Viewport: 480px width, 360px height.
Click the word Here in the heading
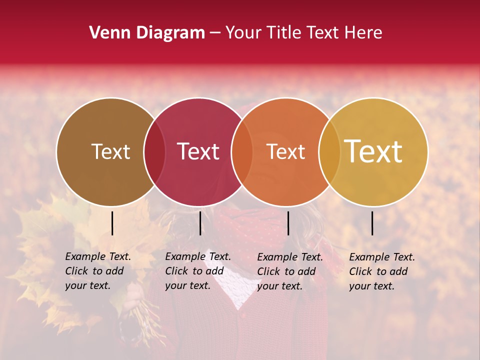pyautogui.click(x=362, y=33)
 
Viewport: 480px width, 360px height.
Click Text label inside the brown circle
pyautogui.click(x=110, y=152)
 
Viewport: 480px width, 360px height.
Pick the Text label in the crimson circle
pyautogui.click(x=198, y=152)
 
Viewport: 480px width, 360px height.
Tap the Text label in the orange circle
pyautogui.click(x=285, y=152)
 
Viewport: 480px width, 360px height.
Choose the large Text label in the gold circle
pyautogui.click(x=373, y=152)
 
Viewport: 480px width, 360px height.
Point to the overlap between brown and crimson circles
pyautogui.click(x=154, y=152)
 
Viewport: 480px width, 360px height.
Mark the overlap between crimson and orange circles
pyautogui.click(x=242, y=152)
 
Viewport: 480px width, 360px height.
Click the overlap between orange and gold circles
pyautogui.click(x=329, y=152)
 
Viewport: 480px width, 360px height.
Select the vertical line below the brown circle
pyautogui.click(x=112, y=223)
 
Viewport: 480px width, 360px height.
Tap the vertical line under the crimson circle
pyautogui.click(x=200, y=223)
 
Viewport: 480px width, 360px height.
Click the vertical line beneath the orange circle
pyautogui.click(x=288, y=223)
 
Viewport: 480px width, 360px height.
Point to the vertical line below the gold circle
pyautogui.click(x=372, y=223)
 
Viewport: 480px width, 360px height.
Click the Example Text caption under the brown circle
pyautogui.click(x=97, y=271)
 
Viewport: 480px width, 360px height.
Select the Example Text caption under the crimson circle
pyautogui.click(x=197, y=271)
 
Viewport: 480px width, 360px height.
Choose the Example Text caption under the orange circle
pyautogui.click(x=289, y=271)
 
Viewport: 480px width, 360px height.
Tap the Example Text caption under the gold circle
pyautogui.click(x=381, y=271)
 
